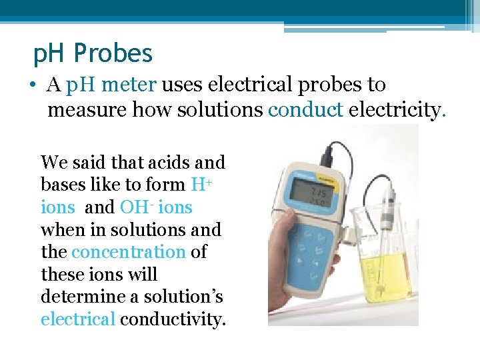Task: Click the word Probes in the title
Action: tap(114, 53)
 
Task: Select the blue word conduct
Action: tap(305, 109)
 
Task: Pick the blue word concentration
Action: tap(128, 252)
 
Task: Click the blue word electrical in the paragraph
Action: tap(78, 319)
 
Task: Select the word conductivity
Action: tap(173, 319)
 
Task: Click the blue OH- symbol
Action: tap(133, 207)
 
